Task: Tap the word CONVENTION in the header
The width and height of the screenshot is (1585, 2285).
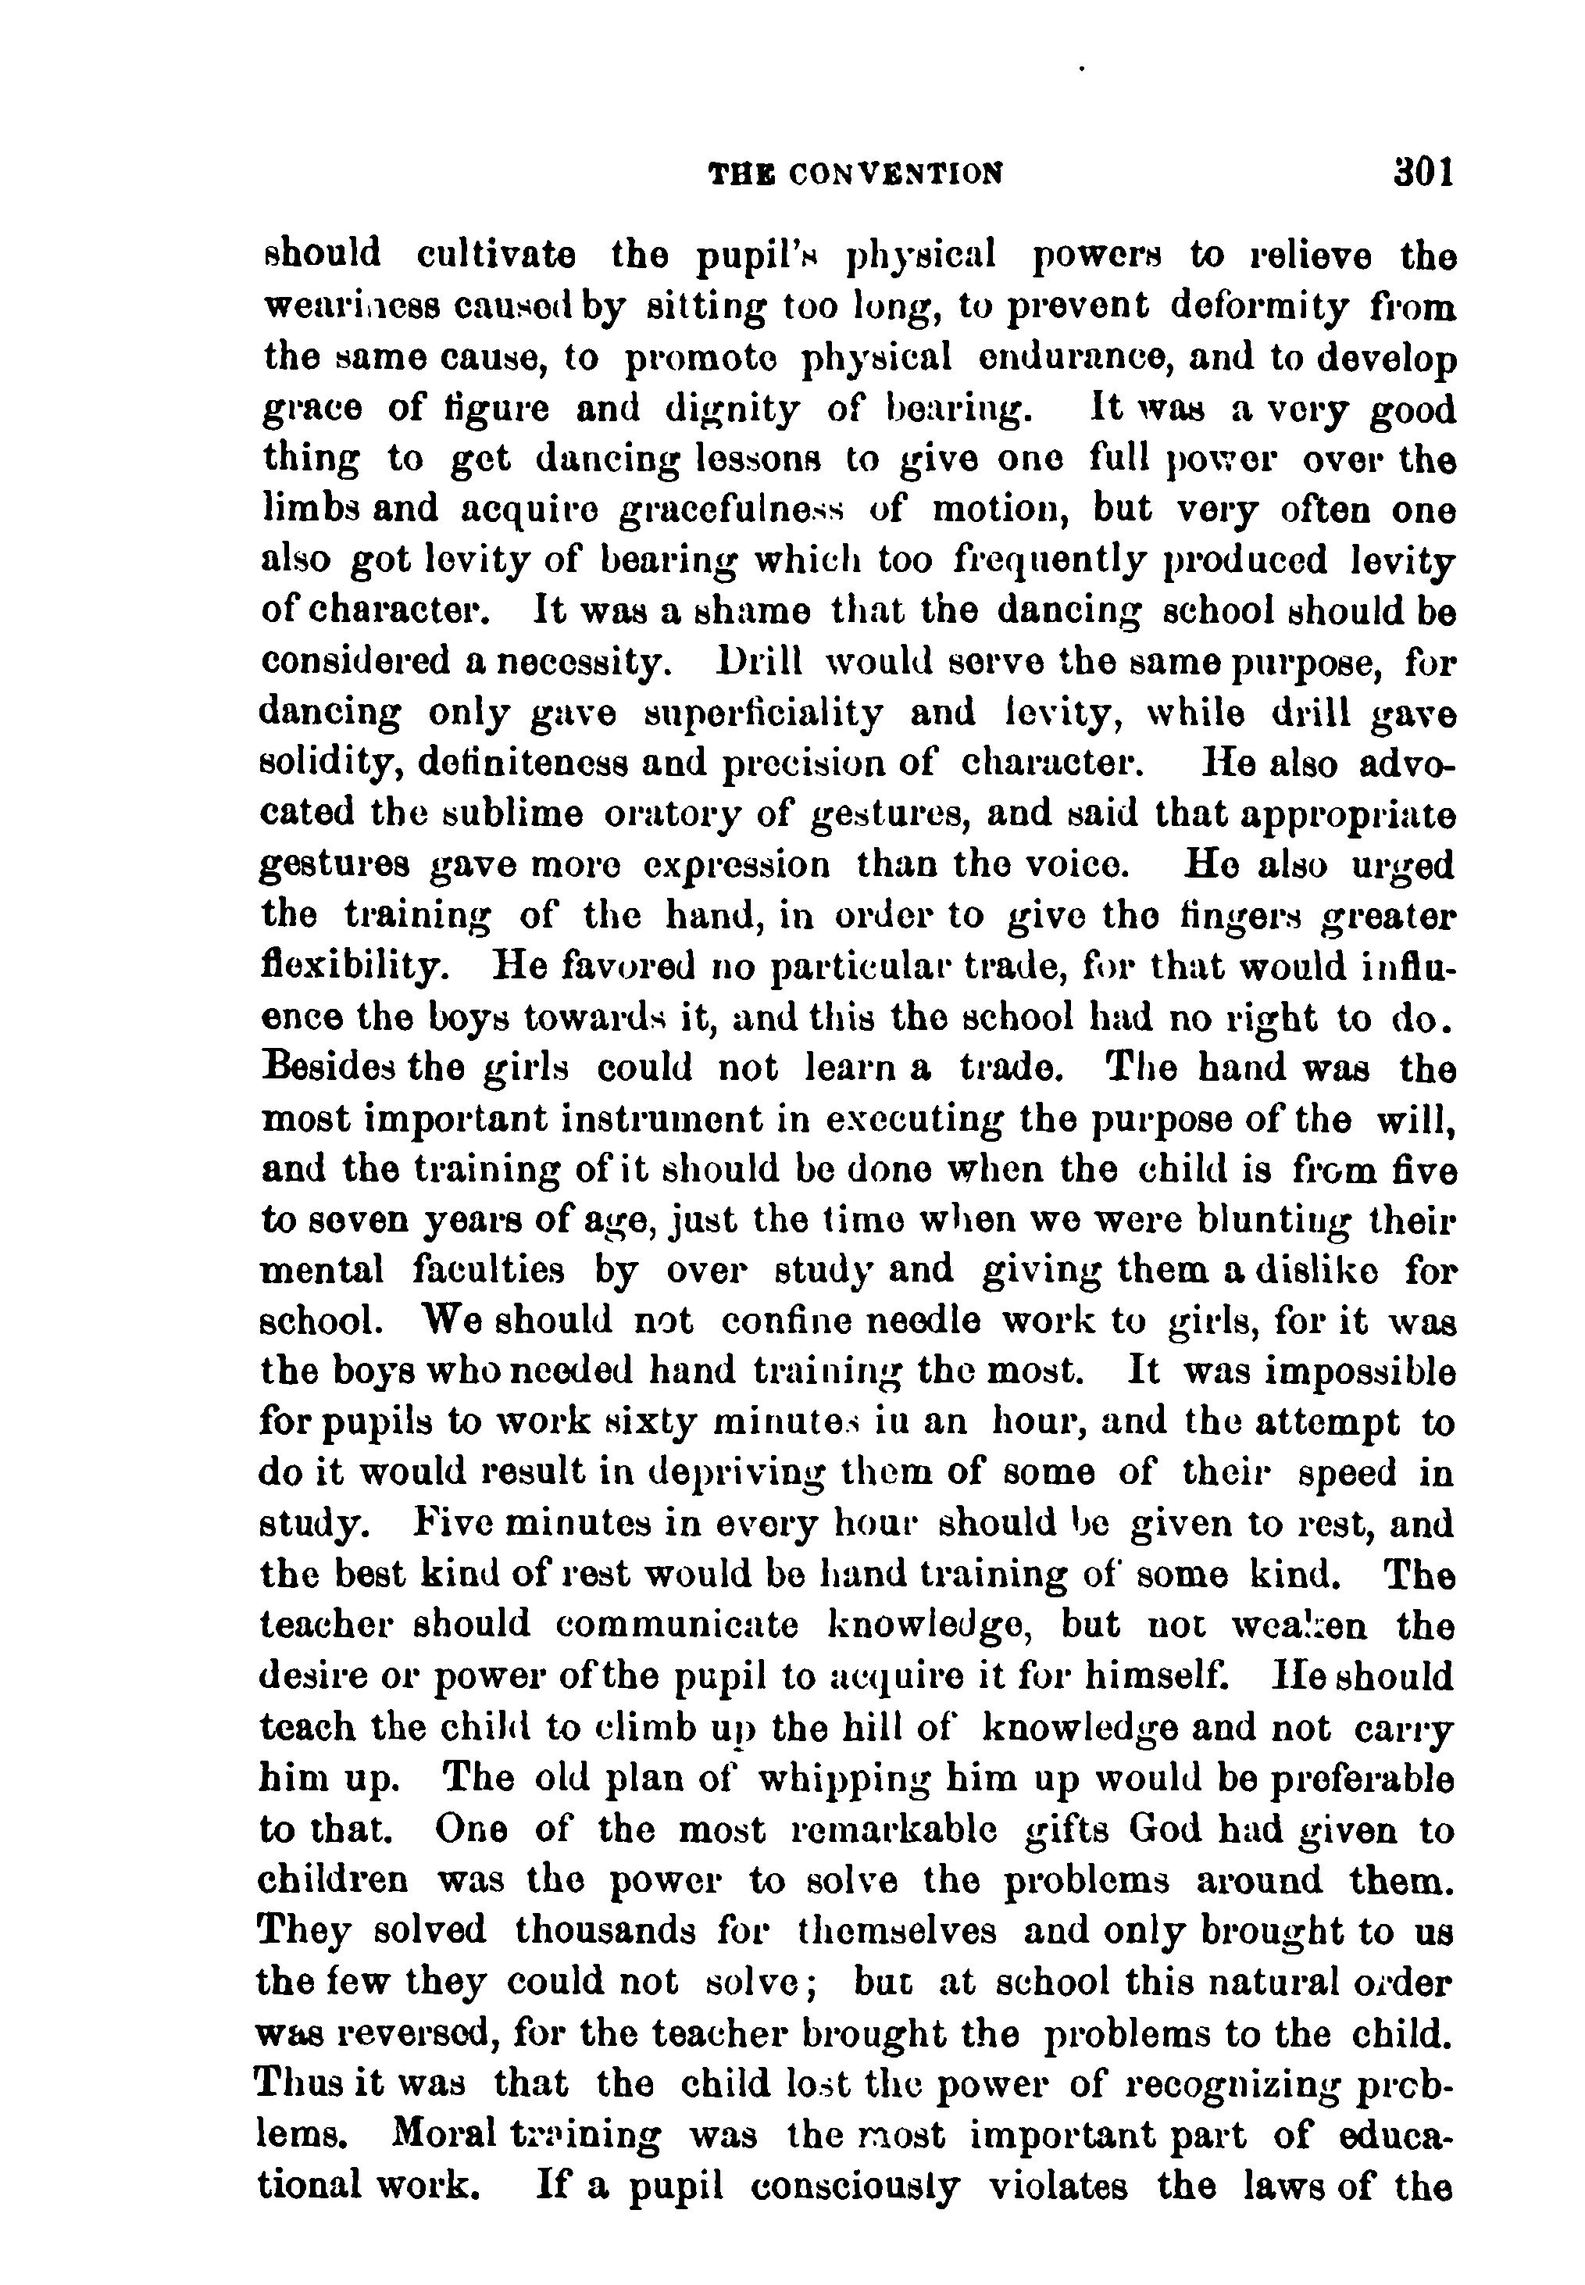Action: (894, 175)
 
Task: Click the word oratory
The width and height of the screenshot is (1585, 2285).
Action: (666, 814)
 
